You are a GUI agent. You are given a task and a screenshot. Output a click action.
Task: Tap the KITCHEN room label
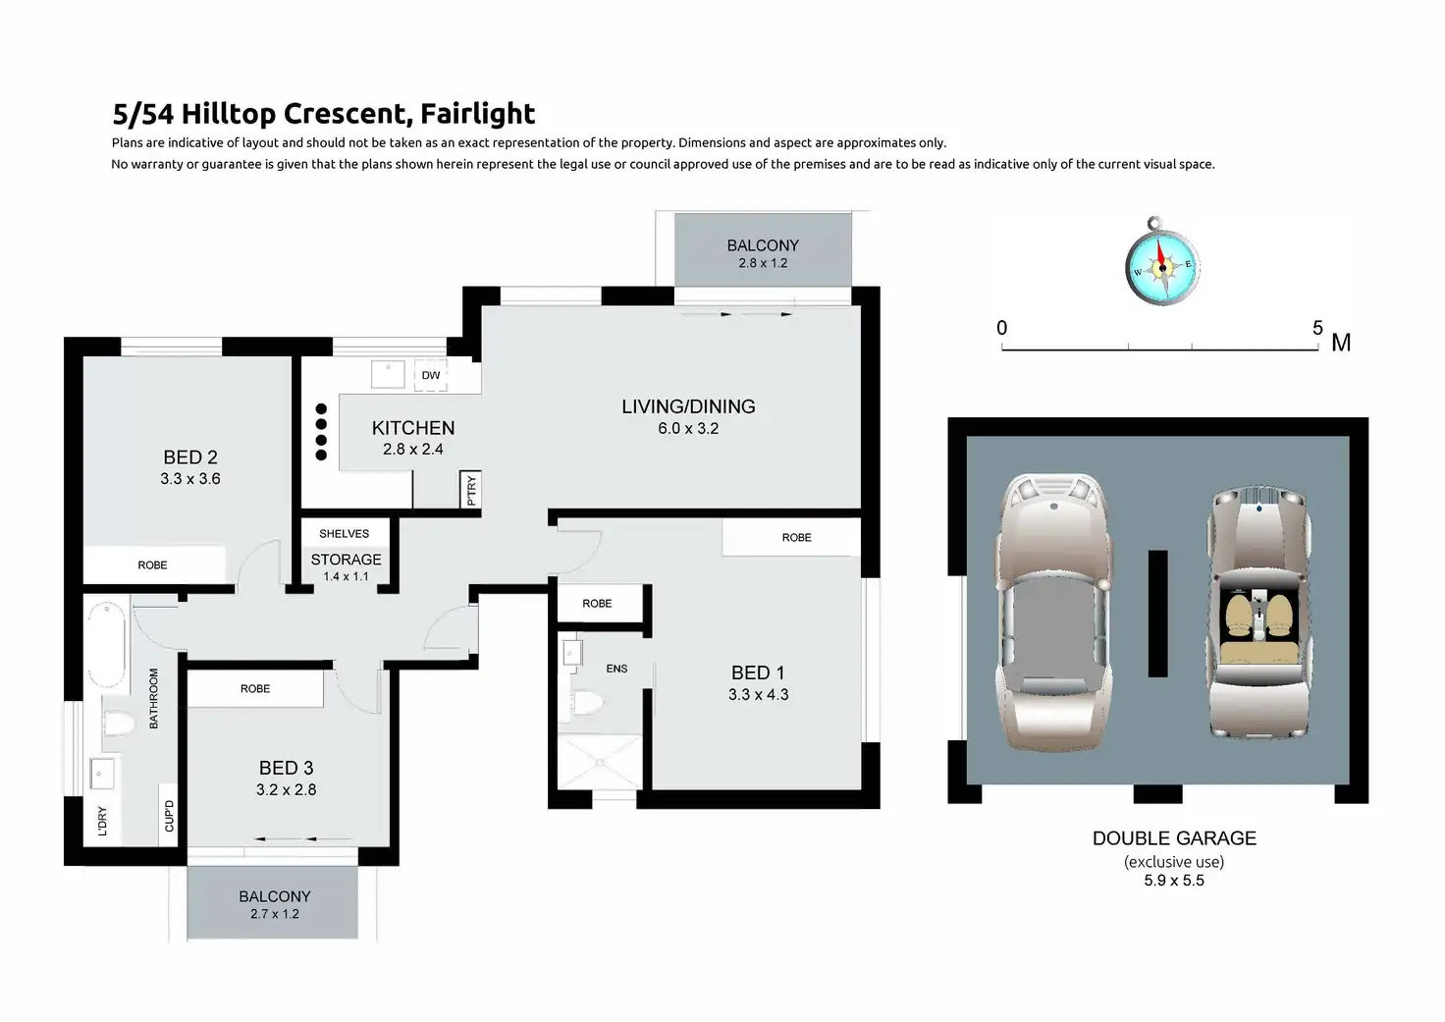point(413,428)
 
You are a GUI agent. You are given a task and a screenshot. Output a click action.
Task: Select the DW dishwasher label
point(431,375)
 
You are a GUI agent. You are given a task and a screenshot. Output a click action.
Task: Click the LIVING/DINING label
point(688,406)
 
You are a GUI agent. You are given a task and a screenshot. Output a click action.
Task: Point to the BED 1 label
point(758,672)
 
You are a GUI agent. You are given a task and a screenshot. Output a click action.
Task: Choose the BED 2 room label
point(190,457)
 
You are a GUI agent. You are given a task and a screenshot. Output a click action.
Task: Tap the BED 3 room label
point(287,768)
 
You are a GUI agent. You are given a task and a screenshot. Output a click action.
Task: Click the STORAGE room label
point(346,560)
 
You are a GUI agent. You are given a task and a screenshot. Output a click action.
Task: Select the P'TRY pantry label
point(471,490)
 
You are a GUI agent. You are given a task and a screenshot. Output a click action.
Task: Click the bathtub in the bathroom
point(107,645)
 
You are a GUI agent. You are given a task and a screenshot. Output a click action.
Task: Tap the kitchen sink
point(388,374)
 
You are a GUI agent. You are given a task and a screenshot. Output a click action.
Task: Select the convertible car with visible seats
point(1259,611)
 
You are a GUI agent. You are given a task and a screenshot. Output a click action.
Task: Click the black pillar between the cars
point(1158,614)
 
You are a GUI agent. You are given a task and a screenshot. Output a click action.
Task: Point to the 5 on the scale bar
point(1317,328)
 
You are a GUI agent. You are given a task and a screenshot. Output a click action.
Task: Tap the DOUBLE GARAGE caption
point(1174,838)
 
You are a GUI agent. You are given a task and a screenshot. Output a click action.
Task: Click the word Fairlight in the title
point(477,114)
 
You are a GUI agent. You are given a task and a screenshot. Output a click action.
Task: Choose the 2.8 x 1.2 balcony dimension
point(763,263)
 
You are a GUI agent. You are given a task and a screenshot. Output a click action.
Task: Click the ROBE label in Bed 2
point(152,565)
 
